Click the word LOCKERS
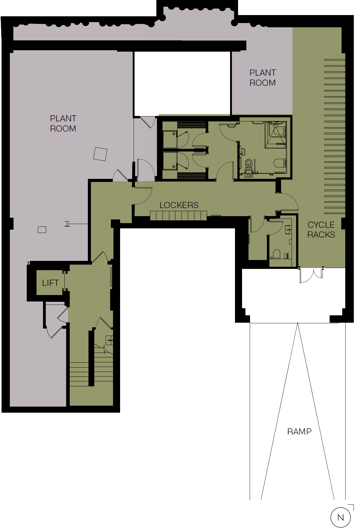click(179, 205)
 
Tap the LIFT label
click(50, 283)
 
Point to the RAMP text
click(299, 432)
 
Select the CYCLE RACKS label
click(321, 230)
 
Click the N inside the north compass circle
click(341, 518)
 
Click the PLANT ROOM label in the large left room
click(63, 124)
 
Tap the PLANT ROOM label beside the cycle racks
click(263, 78)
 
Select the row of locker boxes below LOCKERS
click(178, 216)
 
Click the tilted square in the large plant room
click(100, 154)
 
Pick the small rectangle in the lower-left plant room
click(42, 230)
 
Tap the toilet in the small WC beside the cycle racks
click(277, 254)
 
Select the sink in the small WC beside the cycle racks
click(288, 229)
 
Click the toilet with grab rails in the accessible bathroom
click(249, 163)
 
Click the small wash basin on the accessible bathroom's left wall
click(242, 152)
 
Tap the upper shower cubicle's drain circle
click(174, 134)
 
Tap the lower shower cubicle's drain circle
click(174, 167)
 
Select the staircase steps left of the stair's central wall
click(79, 374)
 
